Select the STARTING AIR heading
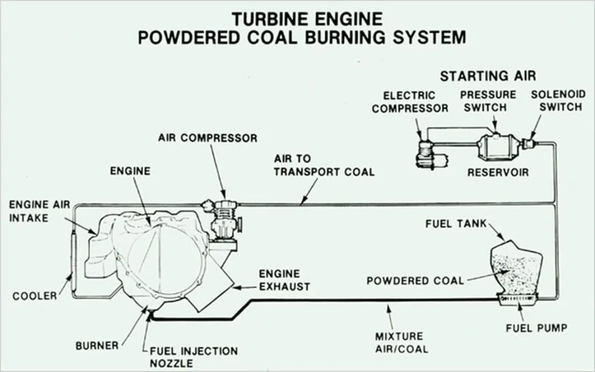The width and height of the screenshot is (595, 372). (x=488, y=76)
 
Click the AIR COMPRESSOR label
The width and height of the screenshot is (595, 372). (x=207, y=138)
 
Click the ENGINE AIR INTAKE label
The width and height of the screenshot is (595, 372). (x=37, y=212)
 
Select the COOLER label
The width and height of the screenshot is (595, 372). (x=35, y=296)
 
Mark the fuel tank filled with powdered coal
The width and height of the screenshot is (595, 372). (x=516, y=267)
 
